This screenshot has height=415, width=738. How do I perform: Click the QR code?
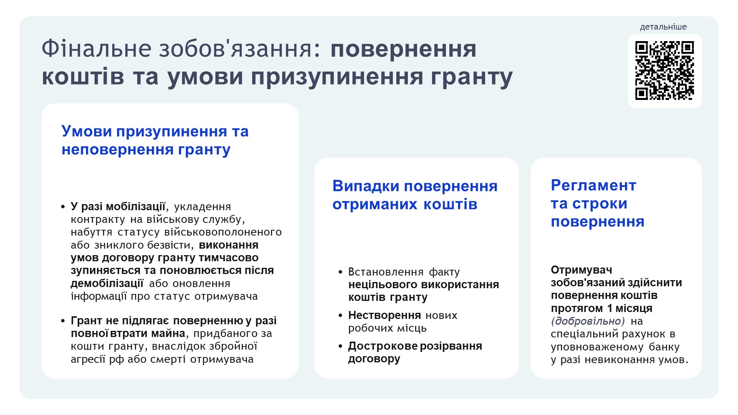pyautogui.click(x=665, y=71)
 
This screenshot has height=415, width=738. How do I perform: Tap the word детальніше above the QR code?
pyautogui.click(x=663, y=27)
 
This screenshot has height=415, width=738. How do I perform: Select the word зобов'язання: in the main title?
pyautogui.click(x=239, y=49)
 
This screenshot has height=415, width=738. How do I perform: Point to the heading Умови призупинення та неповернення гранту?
pyautogui.click(x=155, y=140)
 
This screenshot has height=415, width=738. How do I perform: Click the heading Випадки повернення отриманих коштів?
pyautogui.click(x=415, y=195)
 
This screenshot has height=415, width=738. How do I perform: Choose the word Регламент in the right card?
pyautogui.click(x=593, y=185)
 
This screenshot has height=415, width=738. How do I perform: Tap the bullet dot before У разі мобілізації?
pyautogui.click(x=63, y=207)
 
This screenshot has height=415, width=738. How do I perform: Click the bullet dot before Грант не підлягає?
pyautogui.click(x=63, y=321)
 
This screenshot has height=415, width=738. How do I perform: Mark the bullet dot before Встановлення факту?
pyautogui.click(x=340, y=272)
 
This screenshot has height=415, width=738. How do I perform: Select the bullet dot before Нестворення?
pyautogui.click(x=340, y=315)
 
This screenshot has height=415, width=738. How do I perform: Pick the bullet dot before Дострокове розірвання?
pyautogui.click(x=340, y=346)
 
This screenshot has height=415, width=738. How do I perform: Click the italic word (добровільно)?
pyautogui.click(x=588, y=321)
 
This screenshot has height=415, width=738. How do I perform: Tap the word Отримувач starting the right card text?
pyautogui.click(x=582, y=270)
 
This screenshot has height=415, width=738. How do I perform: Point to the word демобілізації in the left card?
pyautogui.click(x=107, y=283)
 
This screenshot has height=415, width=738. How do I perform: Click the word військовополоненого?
pyautogui.click(x=223, y=232)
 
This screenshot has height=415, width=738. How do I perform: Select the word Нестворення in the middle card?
pyautogui.click(x=384, y=315)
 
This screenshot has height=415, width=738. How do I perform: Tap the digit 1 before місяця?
pyautogui.click(x=610, y=308)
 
